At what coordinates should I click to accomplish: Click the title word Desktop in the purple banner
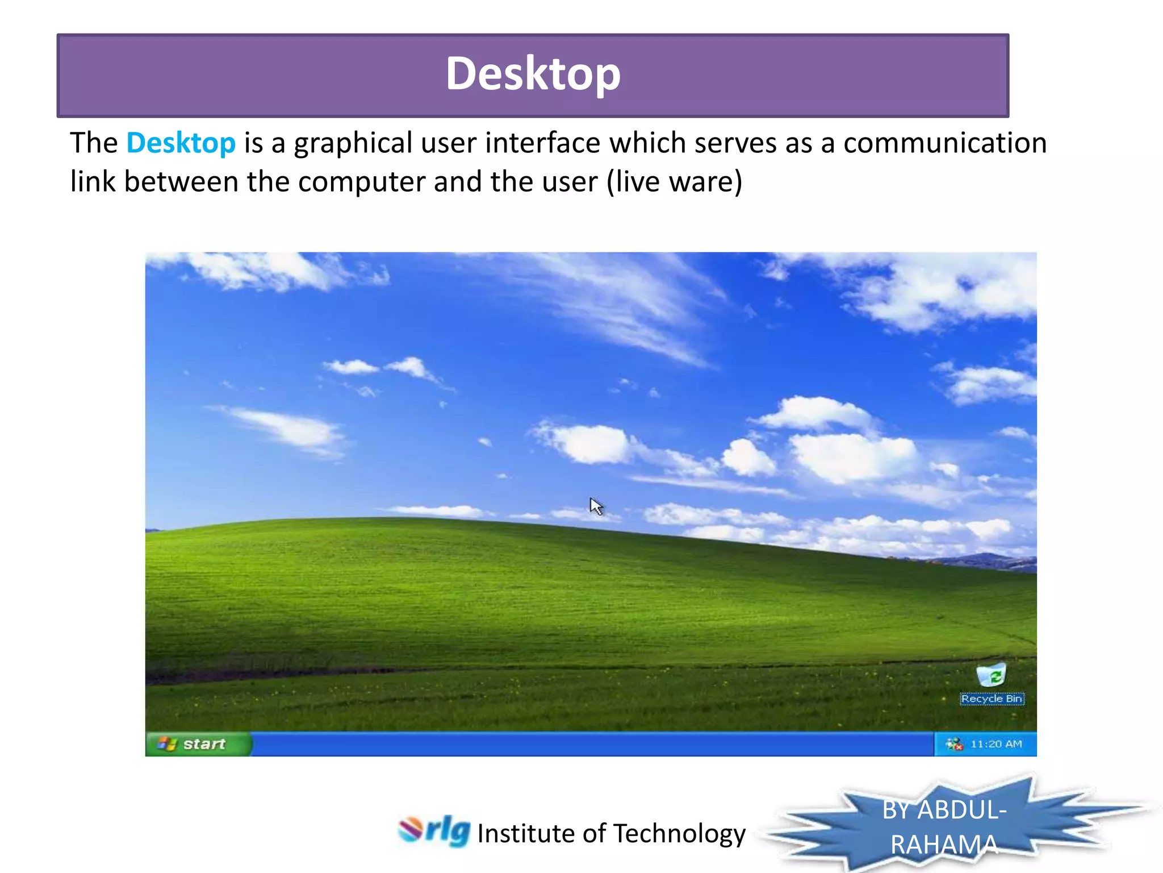533,74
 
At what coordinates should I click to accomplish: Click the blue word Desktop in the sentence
181,143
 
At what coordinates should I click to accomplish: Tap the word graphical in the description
353,143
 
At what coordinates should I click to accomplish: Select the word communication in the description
944,143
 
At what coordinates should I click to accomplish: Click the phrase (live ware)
674,182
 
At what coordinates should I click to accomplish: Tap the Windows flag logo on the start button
167,743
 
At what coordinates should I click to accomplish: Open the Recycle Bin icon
991,675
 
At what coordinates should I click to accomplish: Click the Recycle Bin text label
992,699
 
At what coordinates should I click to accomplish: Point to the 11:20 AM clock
996,744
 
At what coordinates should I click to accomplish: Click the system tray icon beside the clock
954,744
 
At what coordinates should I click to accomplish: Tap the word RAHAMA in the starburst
944,845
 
